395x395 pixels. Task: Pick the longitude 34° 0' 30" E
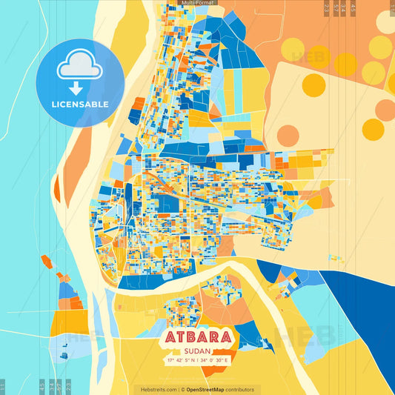(x=216, y=360)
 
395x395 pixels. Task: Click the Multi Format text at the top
(x=196, y=4)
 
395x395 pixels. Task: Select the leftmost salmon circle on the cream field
(x=288, y=135)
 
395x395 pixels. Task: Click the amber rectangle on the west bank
(x=60, y=323)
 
